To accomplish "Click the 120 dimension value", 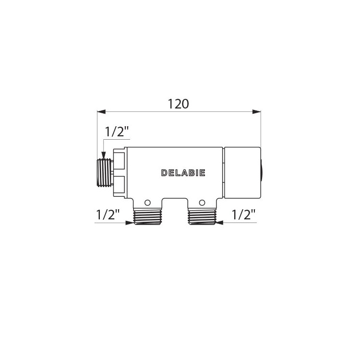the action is [179, 104].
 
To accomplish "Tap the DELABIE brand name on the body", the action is [183, 173].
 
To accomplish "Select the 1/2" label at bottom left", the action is [108, 215].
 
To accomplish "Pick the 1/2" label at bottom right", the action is [243, 215].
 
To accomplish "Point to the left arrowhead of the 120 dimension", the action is [101, 112].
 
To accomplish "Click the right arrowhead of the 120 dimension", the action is [256, 112].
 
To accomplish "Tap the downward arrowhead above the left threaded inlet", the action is [104, 155].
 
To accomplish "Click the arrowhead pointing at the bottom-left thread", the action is [130, 223].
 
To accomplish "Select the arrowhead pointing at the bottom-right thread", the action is [220, 223].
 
